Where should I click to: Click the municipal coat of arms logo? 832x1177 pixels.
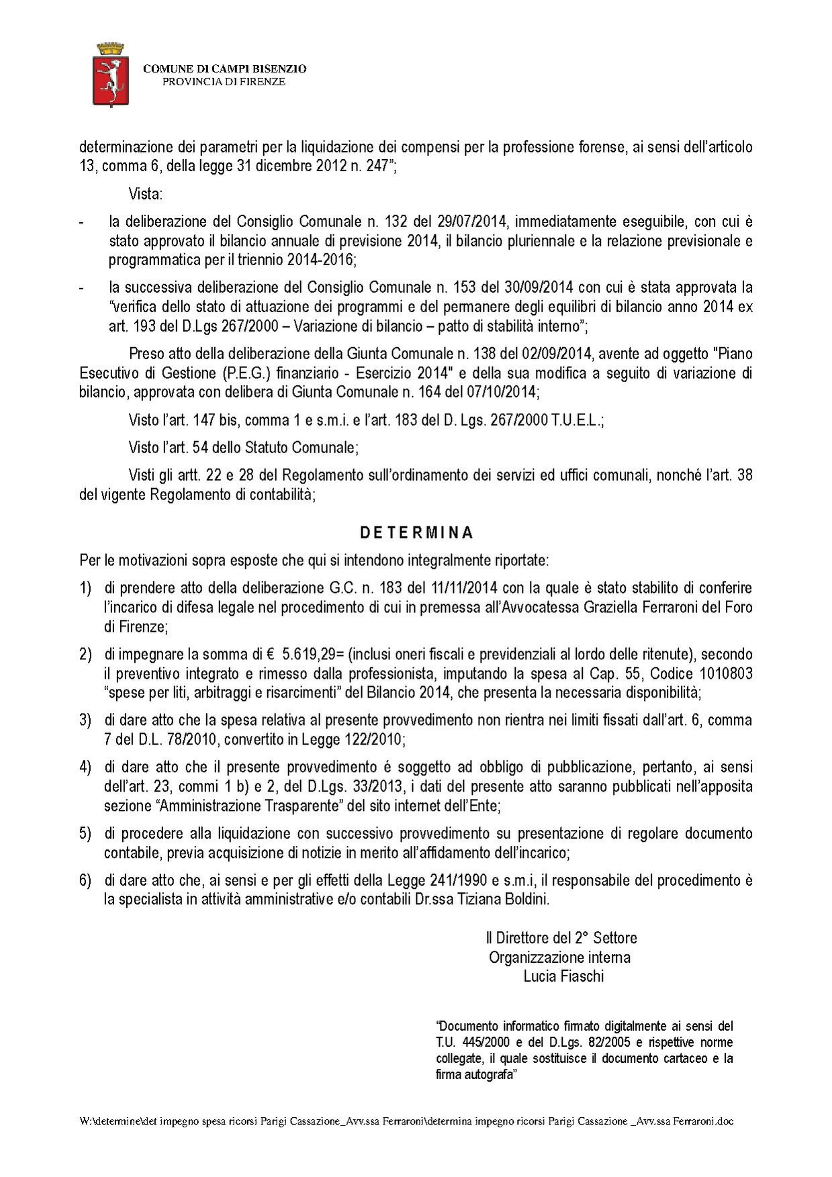pyautogui.click(x=110, y=74)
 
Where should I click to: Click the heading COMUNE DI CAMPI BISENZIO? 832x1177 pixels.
pyautogui.click(x=225, y=68)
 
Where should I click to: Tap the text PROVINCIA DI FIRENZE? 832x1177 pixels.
pyautogui.click(x=225, y=82)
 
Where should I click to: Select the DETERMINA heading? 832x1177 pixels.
pyautogui.click(x=416, y=532)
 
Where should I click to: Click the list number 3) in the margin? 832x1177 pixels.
pyautogui.click(x=85, y=720)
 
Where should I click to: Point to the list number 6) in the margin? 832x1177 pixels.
pyautogui.click(x=85, y=880)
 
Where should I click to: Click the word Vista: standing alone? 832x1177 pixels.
pyautogui.click(x=146, y=195)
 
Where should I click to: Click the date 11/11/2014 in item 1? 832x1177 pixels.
pyautogui.click(x=462, y=587)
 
